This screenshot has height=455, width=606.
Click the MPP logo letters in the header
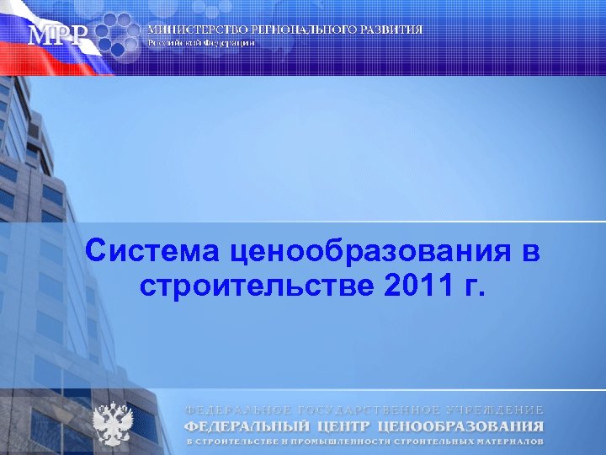(57, 36)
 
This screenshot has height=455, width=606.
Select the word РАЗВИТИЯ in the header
(393, 29)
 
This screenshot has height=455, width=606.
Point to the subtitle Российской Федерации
(201, 42)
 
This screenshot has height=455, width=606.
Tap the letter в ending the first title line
(529, 251)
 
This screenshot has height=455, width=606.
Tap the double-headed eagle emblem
(112, 424)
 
